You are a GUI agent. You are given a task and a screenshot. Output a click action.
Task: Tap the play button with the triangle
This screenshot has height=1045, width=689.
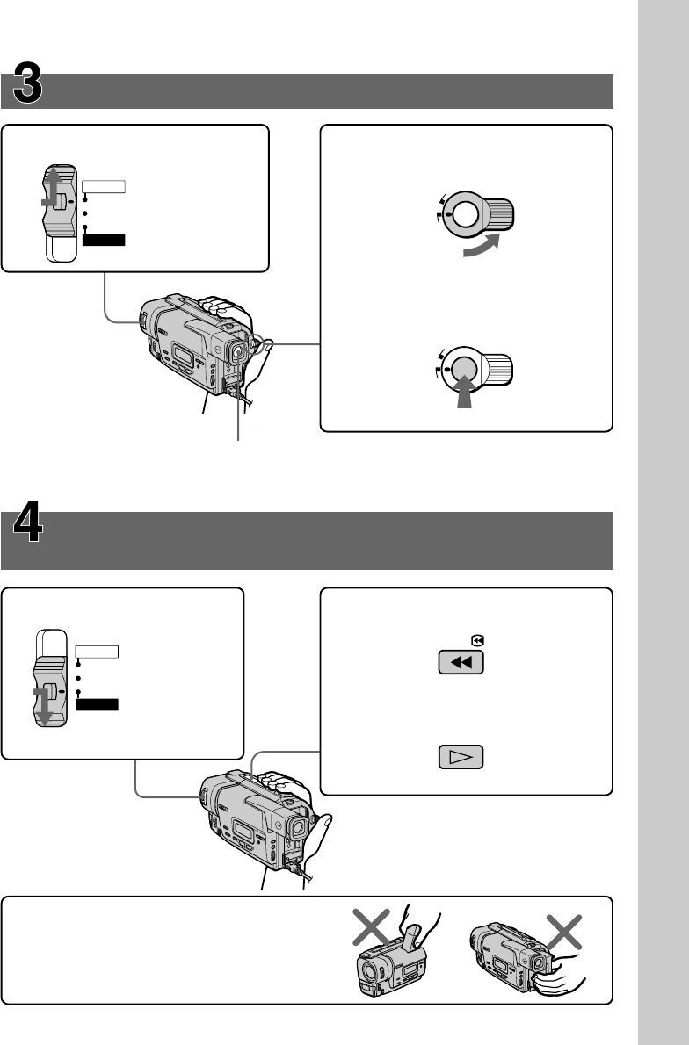[x=461, y=756]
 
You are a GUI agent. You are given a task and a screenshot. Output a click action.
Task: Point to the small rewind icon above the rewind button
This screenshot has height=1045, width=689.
[x=476, y=641]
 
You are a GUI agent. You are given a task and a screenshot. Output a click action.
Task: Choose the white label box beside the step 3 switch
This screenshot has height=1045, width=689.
[x=105, y=186]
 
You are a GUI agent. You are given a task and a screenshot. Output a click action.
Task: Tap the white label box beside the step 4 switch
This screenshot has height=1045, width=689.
[x=97, y=652]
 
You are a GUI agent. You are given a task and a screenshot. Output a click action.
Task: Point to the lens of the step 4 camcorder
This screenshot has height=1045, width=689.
[x=298, y=825]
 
